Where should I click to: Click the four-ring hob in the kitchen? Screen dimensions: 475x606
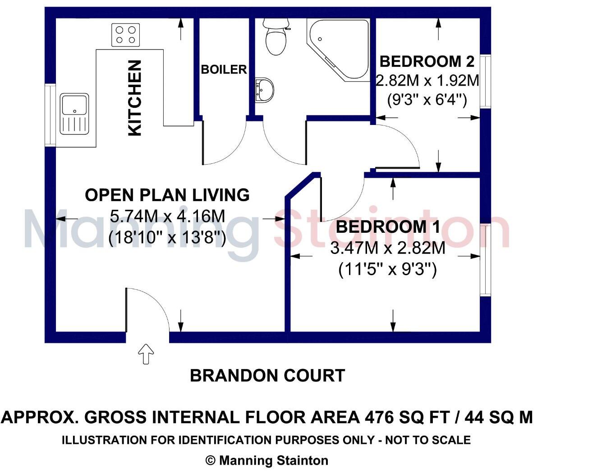(125, 35)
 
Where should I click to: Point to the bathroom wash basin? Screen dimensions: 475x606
(265, 90)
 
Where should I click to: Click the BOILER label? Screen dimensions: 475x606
(224, 69)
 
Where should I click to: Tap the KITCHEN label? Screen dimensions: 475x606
(135, 98)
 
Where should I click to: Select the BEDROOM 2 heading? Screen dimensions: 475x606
(427, 61)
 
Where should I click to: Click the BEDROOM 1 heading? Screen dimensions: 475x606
(388, 227)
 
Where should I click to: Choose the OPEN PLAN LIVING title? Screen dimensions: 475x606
(167, 195)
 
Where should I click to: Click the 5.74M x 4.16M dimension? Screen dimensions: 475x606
(167, 217)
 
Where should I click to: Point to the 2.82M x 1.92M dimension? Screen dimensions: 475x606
(427, 81)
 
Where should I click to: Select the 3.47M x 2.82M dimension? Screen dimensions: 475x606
(388, 248)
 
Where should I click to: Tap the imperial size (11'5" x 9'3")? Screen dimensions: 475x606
(388, 270)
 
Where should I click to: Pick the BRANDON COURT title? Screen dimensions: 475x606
(267, 375)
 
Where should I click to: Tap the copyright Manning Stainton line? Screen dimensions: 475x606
(267, 461)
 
